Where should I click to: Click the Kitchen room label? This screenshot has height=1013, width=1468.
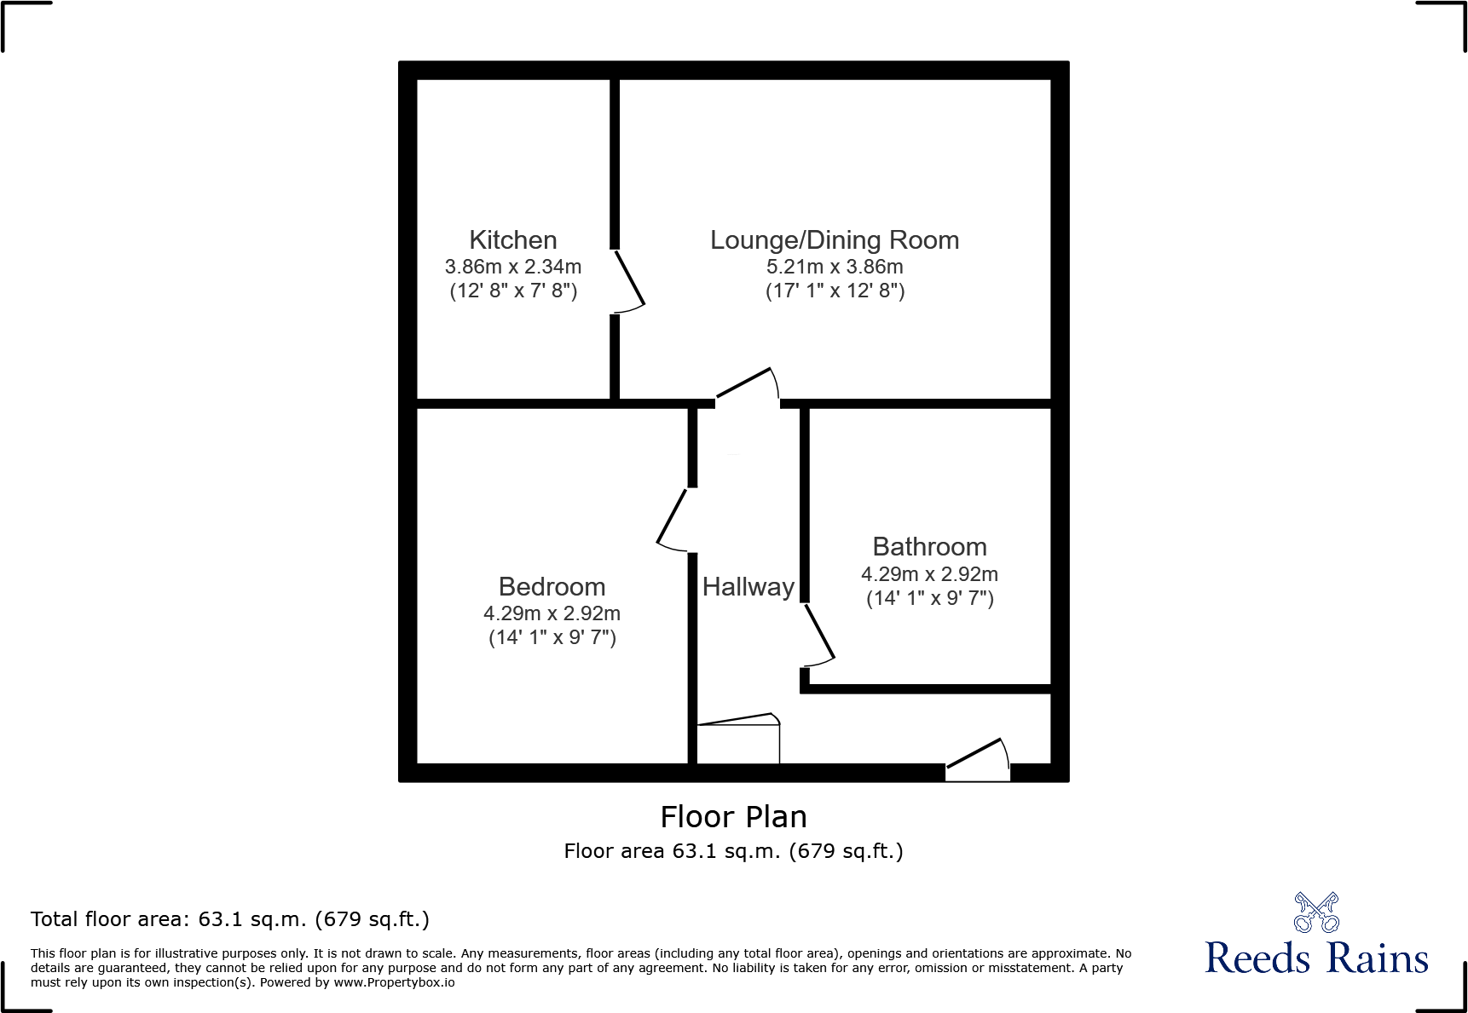point(513,240)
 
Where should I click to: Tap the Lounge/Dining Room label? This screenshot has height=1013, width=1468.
point(835,240)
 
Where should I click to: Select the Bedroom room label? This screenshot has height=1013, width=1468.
point(552,587)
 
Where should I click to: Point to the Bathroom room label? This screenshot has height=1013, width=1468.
point(929,547)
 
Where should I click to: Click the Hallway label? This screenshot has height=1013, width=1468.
point(748,587)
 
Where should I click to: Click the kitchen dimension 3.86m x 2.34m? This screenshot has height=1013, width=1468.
point(513,267)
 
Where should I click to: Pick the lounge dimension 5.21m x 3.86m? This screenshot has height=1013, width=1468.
point(835,267)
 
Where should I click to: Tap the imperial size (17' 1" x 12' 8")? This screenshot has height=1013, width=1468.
point(835,291)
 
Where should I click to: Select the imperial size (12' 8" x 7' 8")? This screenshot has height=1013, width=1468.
point(513,291)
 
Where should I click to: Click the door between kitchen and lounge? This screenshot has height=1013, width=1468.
point(628,281)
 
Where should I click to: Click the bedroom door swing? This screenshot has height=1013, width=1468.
point(673,519)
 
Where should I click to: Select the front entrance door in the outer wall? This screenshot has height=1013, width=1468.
point(978,758)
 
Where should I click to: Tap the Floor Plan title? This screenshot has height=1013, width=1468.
point(733,817)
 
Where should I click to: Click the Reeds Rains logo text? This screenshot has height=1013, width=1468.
point(1316,958)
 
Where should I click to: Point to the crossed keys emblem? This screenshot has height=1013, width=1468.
point(1316,912)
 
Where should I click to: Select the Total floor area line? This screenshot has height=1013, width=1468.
point(230,919)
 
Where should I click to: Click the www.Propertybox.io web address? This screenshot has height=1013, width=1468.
point(394,982)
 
